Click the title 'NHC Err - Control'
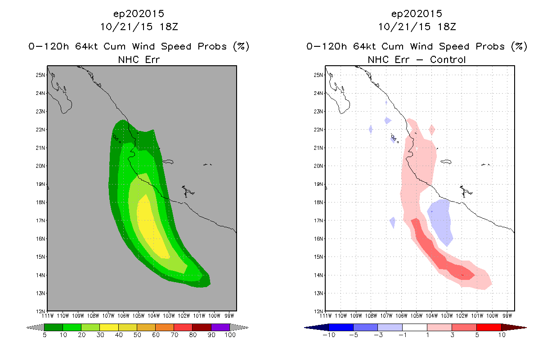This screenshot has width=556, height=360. coord(417,59)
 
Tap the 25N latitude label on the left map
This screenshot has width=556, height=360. coord(40,75)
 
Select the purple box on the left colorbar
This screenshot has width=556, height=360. coord(220,327)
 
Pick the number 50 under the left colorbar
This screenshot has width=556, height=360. coord(137,335)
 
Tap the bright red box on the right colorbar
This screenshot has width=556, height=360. coord(489,327)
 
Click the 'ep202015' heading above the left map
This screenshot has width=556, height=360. coord(139,13)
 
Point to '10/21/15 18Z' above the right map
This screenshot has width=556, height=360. coord(417,27)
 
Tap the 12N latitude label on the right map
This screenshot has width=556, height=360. coord(318,311)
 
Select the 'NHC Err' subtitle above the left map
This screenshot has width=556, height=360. coord(139,59)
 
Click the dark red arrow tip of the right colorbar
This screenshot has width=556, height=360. coord(520,327)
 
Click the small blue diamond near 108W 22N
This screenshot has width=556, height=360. coord(371,129)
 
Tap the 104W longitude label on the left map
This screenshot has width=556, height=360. coord(153,315)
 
